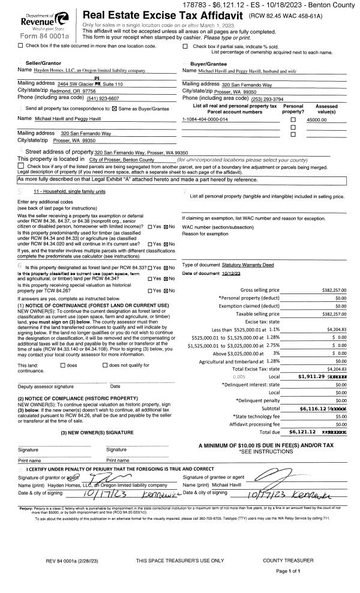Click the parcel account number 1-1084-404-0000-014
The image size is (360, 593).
point(205,119)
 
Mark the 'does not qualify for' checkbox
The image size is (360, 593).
point(106,365)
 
